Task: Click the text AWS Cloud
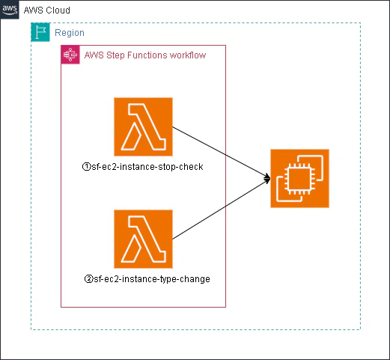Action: click(47, 11)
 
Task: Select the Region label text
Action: click(70, 34)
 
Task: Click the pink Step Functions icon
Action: click(70, 55)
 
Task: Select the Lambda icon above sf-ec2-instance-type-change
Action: click(143, 239)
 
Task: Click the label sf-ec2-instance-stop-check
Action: click(147, 166)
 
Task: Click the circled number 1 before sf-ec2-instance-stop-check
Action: click(86, 166)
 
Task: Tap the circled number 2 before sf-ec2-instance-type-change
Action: click(88, 279)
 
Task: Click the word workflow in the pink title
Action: click(187, 55)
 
